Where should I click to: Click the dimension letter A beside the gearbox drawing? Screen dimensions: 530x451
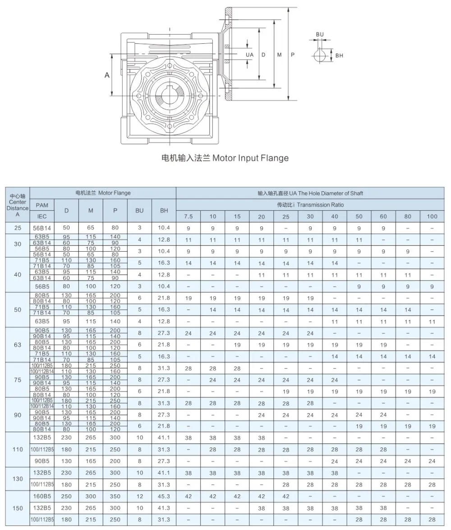(107, 75)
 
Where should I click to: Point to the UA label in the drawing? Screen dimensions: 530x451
(249, 55)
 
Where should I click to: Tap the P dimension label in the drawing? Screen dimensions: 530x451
(292, 55)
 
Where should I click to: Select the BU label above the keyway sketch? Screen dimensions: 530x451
(319, 34)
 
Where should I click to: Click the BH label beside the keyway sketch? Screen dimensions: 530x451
(339, 55)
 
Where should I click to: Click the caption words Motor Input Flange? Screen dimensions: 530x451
(250, 158)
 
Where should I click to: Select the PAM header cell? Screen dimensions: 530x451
(41, 205)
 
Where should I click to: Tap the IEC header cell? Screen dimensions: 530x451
(41, 216)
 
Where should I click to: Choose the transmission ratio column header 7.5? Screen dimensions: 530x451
(188, 217)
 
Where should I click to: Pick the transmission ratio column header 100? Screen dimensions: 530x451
(432, 217)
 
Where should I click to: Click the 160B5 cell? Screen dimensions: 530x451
(41, 496)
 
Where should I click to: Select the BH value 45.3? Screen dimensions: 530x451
(164, 496)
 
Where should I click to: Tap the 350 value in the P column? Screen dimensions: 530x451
(115, 496)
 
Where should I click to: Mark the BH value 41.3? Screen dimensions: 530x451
(164, 508)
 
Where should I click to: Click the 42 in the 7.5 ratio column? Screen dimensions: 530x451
(188, 496)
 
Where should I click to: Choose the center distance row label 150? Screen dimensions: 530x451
(18, 508)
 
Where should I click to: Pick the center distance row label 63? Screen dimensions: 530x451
(18, 344)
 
